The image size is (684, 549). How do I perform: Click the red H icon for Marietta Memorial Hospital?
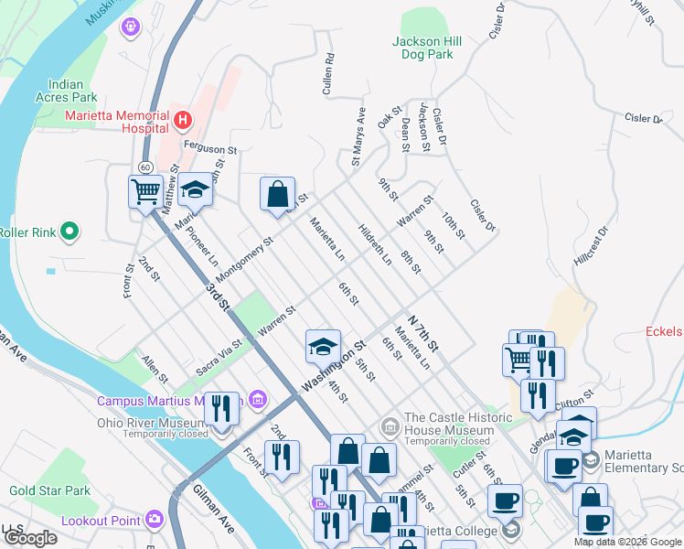pyautogui.click(x=183, y=119)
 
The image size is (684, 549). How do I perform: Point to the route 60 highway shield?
pyautogui.click(x=145, y=166)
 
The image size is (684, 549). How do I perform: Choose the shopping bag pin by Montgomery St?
pyautogui.click(x=277, y=194)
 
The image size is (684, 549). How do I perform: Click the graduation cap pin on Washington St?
pyautogui.click(x=322, y=346)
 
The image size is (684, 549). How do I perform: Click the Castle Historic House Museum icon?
pyautogui.click(x=390, y=425)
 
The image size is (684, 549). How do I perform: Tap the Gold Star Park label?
pyautogui.click(x=50, y=490)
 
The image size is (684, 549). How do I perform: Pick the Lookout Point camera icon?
pyautogui.click(x=155, y=521)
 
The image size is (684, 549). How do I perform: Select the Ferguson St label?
pyautogui.click(x=209, y=148)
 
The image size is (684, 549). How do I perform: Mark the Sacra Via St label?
pyautogui.click(x=219, y=359)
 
